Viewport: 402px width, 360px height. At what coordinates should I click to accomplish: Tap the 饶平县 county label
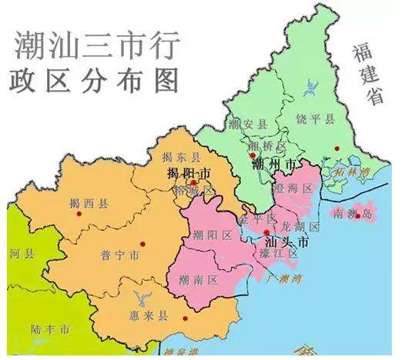coord(316,118)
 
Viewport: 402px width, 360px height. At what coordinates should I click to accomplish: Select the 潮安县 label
coord(246,123)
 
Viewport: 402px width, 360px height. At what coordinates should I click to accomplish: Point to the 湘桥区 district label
coord(266,146)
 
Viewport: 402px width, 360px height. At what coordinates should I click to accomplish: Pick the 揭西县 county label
coord(88,203)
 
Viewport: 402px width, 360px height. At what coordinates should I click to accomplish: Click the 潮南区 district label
coord(198,279)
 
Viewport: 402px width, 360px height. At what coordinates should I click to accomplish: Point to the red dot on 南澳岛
coord(357,216)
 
